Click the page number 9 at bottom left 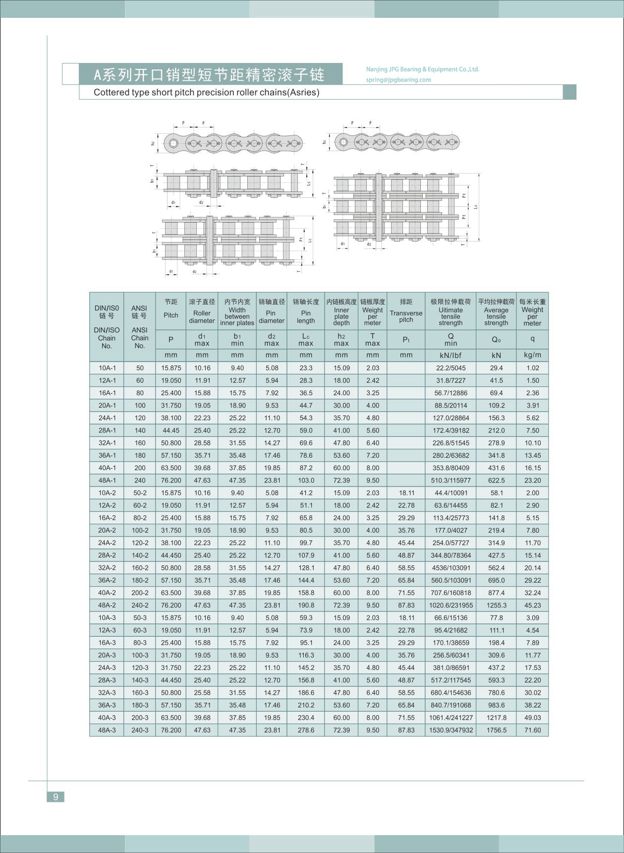pos(56,796)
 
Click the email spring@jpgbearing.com pos(398,80)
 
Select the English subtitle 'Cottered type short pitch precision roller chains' pos(206,92)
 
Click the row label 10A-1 pos(107,368)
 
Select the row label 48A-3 pos(107,730)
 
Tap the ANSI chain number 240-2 pos(140,605)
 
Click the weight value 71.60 pos(532,730)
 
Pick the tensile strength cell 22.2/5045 pos(451,368)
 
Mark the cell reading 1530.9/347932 pos(451,730)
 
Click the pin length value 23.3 pos(306,368)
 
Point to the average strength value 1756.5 pos(496,730)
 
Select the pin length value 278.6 pos(306,730)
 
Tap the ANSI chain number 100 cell pos(140,405)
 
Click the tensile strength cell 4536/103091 pos(451,568)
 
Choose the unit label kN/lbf pos(451,355)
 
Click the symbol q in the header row pos(532,339)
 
